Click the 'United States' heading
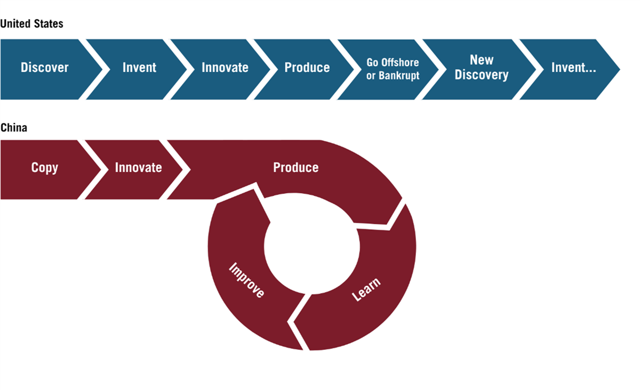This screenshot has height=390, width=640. click(x=31, y=23)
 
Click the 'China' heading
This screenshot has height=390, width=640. click(x=14, y=128)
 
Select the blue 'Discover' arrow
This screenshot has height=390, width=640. click(x=51, y=69)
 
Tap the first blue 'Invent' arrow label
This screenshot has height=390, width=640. click(x=139, y=68)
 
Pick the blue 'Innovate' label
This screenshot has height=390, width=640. click(x=225, y=68)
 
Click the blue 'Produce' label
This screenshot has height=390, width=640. click(x=307, y=68)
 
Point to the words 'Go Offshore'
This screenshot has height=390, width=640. click(x=393, y=62)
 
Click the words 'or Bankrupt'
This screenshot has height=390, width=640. click(x=393, y=76)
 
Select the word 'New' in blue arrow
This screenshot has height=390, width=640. click(x=482, y=60)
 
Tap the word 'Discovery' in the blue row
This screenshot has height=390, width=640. click(x=482, y=75)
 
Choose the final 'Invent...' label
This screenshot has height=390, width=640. click(x=574, y=68)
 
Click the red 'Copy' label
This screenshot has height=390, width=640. click(x=45, y=168)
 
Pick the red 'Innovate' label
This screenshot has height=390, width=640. click(x=139, y=168)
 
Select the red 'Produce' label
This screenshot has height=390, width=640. click(x=296, y=168)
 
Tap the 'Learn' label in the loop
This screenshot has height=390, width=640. click(x=366, y=289)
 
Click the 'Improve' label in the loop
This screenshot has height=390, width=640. click(x=247, y=280)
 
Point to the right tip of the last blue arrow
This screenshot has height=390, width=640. click(x=620, y=69)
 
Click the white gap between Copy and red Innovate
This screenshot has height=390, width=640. click(x=93, y=169)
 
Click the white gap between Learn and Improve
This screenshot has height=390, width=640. click(x=298, y=322)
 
